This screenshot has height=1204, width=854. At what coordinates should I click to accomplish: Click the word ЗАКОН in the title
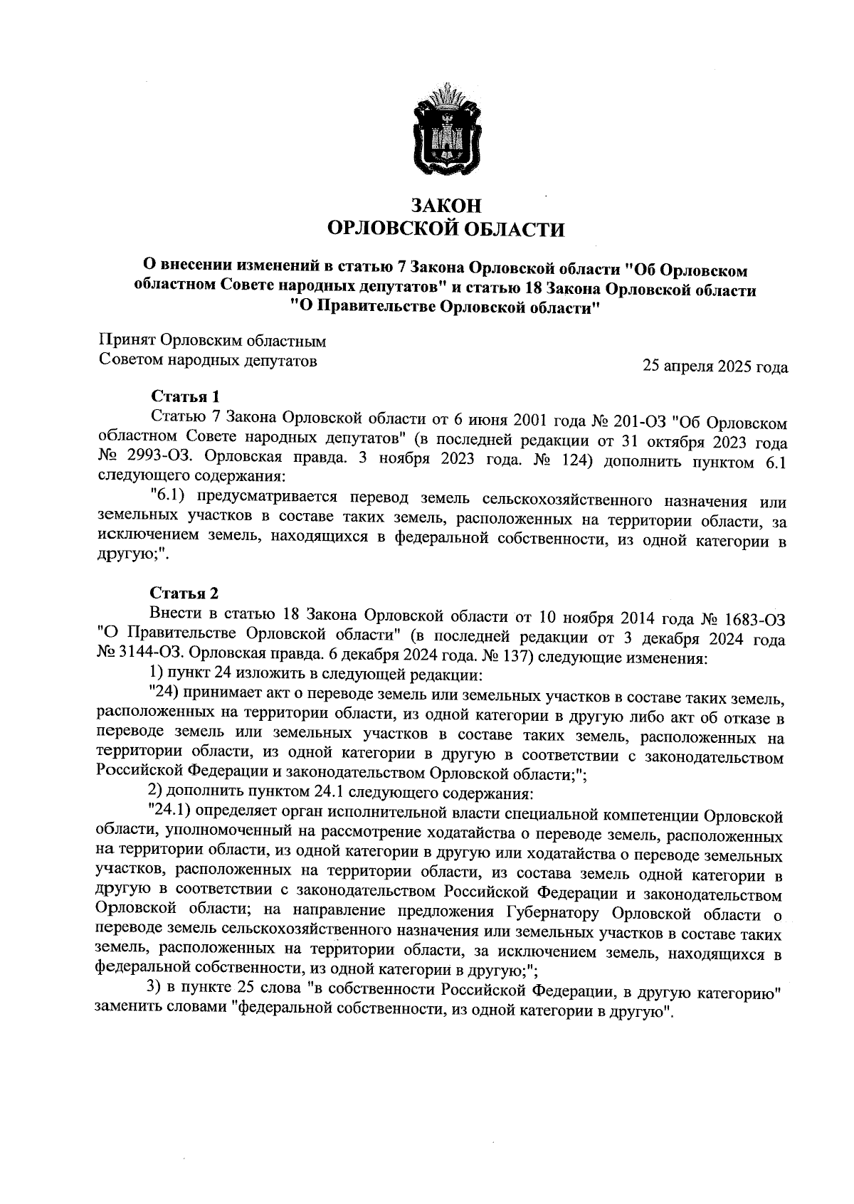[446, 206]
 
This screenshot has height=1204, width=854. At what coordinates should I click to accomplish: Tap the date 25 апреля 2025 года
[715, 367]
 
